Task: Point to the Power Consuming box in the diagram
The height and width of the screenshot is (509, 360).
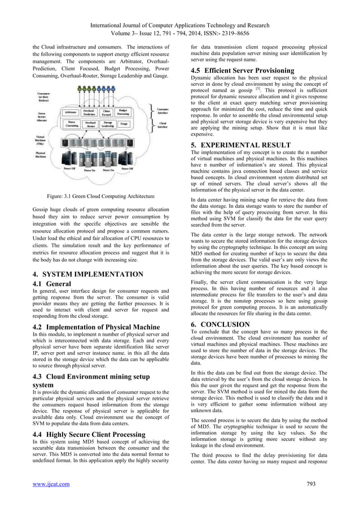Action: click(x=71, y=124)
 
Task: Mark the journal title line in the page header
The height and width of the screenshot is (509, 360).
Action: click(x=179, y=8)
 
